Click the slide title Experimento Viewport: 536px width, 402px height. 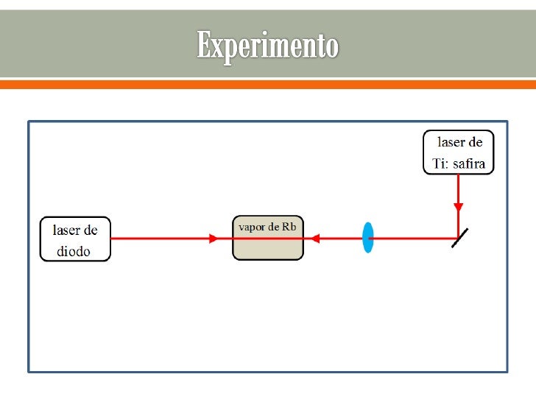click(x=267, y=46)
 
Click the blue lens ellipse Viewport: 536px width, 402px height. click(x=367, y=238)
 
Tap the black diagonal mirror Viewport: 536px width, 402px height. click(x=459, y=237)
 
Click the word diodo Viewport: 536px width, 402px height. click(x=74, y=251)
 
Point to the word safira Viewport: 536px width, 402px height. click(x=468, y=163)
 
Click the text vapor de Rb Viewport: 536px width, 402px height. click(x=267, y=227)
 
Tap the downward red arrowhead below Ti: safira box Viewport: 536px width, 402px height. click(x=458, y=207)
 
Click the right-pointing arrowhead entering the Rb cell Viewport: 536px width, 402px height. click(x=214, y=239)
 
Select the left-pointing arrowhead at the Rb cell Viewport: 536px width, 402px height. click(x=314, y=239)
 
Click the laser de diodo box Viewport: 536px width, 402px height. click(x=75, y=239)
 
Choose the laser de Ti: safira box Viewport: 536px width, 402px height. click(x=458, y=152)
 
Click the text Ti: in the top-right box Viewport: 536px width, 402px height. click(x=440, y=163)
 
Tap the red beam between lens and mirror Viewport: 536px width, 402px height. click(x=412, y=239)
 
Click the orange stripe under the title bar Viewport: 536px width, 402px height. click(x=267, y=84)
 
